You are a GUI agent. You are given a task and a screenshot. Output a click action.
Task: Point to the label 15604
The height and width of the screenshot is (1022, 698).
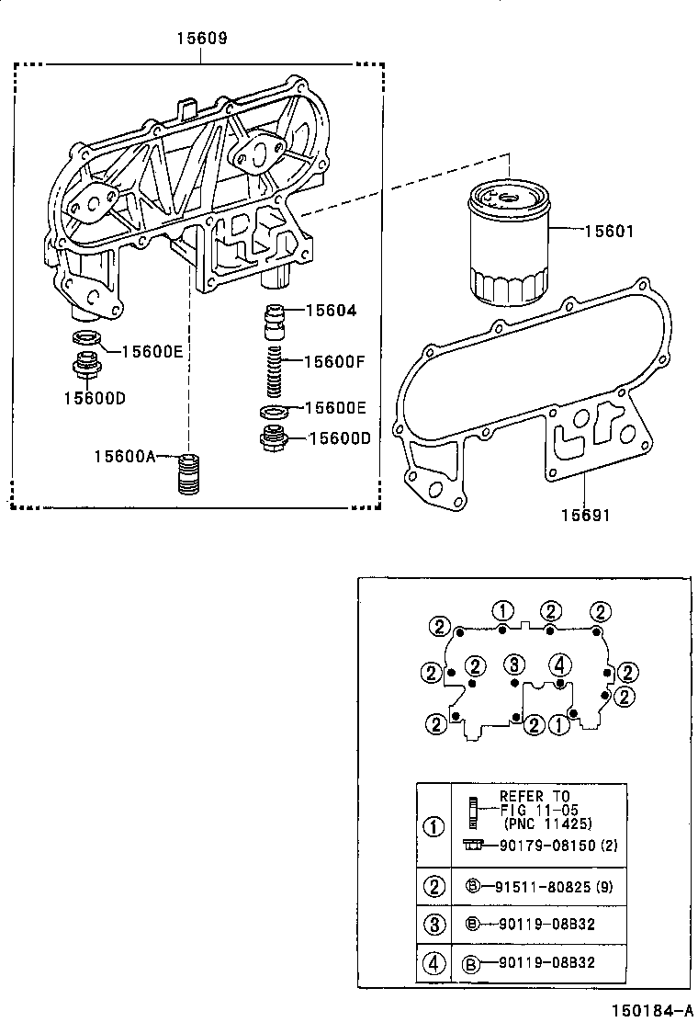pos(331,312)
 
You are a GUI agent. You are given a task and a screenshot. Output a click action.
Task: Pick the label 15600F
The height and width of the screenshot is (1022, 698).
pos(334,361)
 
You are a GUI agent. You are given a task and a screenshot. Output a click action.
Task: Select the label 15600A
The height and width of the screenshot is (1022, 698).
pos(125,455)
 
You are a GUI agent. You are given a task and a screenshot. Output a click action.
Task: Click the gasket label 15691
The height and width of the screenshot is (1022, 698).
pos(585,516)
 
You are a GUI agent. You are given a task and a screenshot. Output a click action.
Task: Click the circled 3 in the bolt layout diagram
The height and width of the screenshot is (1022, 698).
pos(515,664)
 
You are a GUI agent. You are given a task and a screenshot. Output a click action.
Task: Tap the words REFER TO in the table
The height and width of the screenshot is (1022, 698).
pos(535,796)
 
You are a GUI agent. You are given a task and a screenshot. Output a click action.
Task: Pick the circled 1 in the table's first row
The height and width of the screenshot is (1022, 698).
pos(433,825)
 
